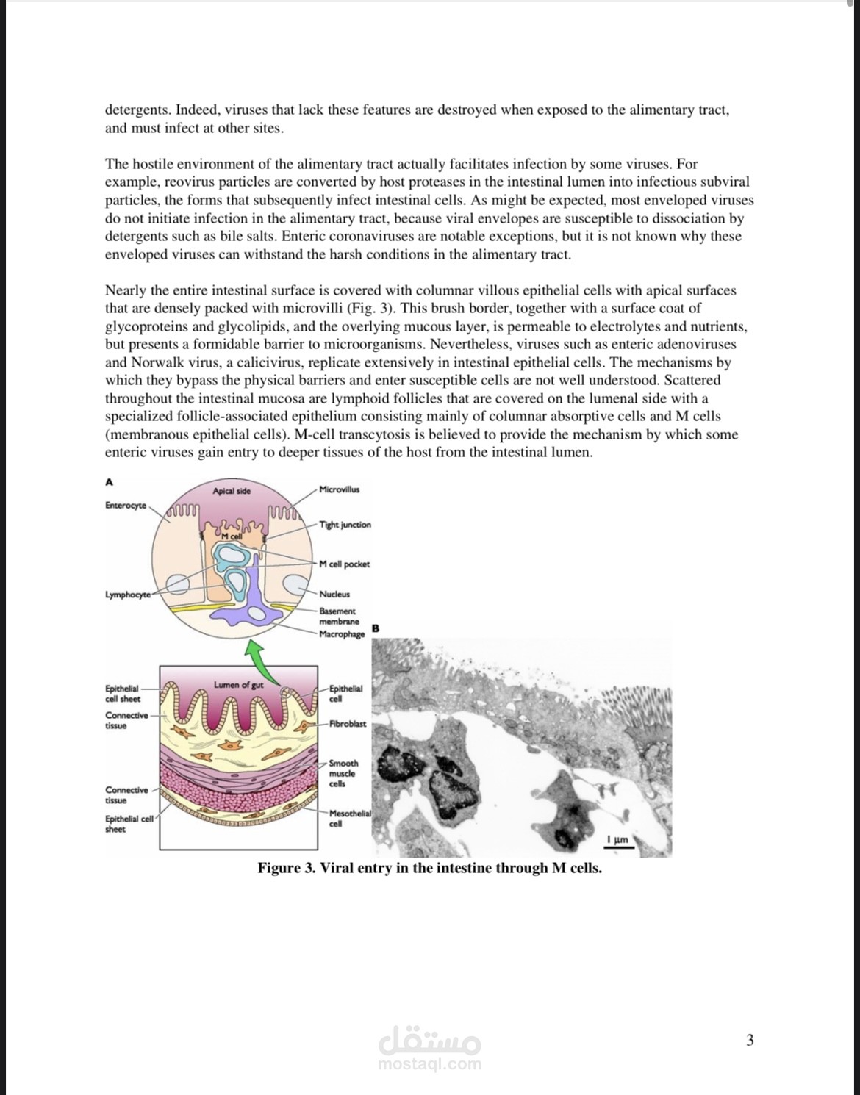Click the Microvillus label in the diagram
[340, 489]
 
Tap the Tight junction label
[345, 525]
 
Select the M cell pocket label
[344, 564]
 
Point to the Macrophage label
[342, 634]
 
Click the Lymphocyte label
[128, 595]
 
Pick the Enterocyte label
[126, 506]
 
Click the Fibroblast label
[347, 724]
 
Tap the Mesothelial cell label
[350, 818]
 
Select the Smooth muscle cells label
[343, 773]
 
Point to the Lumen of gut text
[238, 685]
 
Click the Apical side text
[232, 491]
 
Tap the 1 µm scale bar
[617, 843]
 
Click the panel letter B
[376, 628]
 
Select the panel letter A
[110, 482]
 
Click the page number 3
[750, 1040]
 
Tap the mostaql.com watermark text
[430, 1063]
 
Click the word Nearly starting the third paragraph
[126, 290]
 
